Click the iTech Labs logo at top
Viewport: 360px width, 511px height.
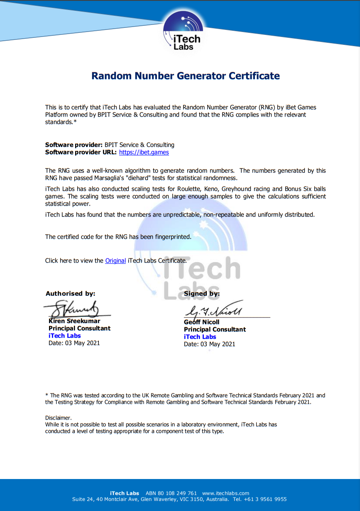(x=184, y=32)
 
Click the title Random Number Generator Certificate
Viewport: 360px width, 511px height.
(x=186, y=76)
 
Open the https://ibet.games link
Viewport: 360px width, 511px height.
(x=144, y=152)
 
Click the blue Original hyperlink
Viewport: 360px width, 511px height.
(x=115, y=260)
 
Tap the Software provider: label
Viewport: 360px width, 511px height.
(x=73, y=145)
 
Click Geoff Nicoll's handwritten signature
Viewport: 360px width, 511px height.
(x=214, y=310)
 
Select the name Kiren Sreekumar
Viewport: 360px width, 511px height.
(x=74, y=321)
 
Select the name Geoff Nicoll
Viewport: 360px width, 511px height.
(x=201, y=322)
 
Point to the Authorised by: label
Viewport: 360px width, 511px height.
(x=70, y=293)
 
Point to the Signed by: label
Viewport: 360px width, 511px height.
(x=201, y=293)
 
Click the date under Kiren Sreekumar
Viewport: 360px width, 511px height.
(x=74, y=343)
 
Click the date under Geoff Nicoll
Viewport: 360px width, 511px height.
(x=209, y=344)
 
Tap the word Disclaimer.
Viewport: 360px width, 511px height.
(x=58, y=418)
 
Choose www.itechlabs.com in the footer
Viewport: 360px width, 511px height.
(x=225, y=493)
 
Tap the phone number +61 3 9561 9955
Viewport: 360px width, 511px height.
(x=266, y=499)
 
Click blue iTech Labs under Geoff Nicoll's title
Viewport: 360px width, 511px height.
(x=200, y=337)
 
